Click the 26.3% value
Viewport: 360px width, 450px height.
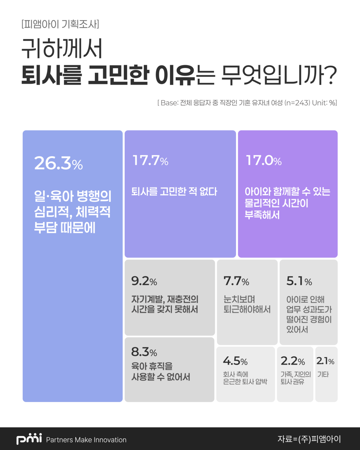click(x=58, y=163)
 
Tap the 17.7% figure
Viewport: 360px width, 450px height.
click(x=150, y=160)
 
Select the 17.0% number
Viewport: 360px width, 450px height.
click(x=264, y=160)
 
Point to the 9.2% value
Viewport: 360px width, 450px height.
click(x=144, y=281)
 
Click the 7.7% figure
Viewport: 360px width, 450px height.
click(x=236, y=281)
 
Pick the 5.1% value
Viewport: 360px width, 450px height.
click(x=299, y=281)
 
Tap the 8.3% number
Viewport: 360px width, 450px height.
click(x=144, y=352)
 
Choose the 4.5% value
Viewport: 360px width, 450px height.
click(x=235, y=361)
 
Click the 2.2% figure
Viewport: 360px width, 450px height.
click(x=293, y=361)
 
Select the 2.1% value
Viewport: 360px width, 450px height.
click(x=325, y=361)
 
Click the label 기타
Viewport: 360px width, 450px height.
click(x=323, y=374)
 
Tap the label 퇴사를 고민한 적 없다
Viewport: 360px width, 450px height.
click(x=174, y=191)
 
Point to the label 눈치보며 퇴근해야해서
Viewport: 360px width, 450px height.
click(x=247, y=304)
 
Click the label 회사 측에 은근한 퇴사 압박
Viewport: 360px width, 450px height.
click(x=245, y=378)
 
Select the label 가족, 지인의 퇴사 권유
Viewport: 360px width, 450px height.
click(x=295, y=378)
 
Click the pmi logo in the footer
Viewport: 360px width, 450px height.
click(x=29, y=439)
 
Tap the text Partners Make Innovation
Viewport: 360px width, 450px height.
click(x=86, y=440)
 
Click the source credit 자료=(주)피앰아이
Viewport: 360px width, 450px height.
click(x=309, y=439)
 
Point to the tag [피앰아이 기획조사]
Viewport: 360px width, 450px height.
click(x=60, y=24)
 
